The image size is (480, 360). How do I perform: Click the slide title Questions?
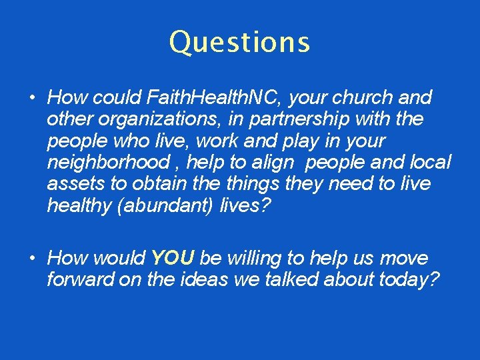[x=239, y=42]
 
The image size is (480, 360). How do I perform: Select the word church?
[x=362, y=98]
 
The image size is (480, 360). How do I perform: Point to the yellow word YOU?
[x=173, y=258]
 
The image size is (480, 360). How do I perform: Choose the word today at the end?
[x=408, y=279]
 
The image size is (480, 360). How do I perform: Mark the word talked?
[x=289, y=279]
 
